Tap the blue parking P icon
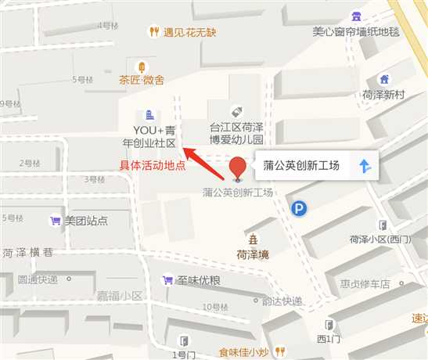pyautogui.click(x=300, y=208)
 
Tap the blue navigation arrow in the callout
pyautogui.click(x=364, y=166)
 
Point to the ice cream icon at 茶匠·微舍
pyautogui.click(x=142, y=67)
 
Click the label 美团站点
pyautogui.click(x=86, y=221)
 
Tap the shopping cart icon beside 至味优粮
pyautogui.click(x=167, y=279)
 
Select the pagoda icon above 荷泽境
pyautogui.click(x=253, y=239)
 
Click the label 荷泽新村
pyautogui.click(x=383, y=94)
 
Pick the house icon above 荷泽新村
pyautogui.click(x=383, y=79)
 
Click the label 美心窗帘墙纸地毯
pyautogui.click(x=356, y=32)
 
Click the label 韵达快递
pyautogui.click(x=282, y=301)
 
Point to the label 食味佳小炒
pyautogui.click(x=245, y=352)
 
